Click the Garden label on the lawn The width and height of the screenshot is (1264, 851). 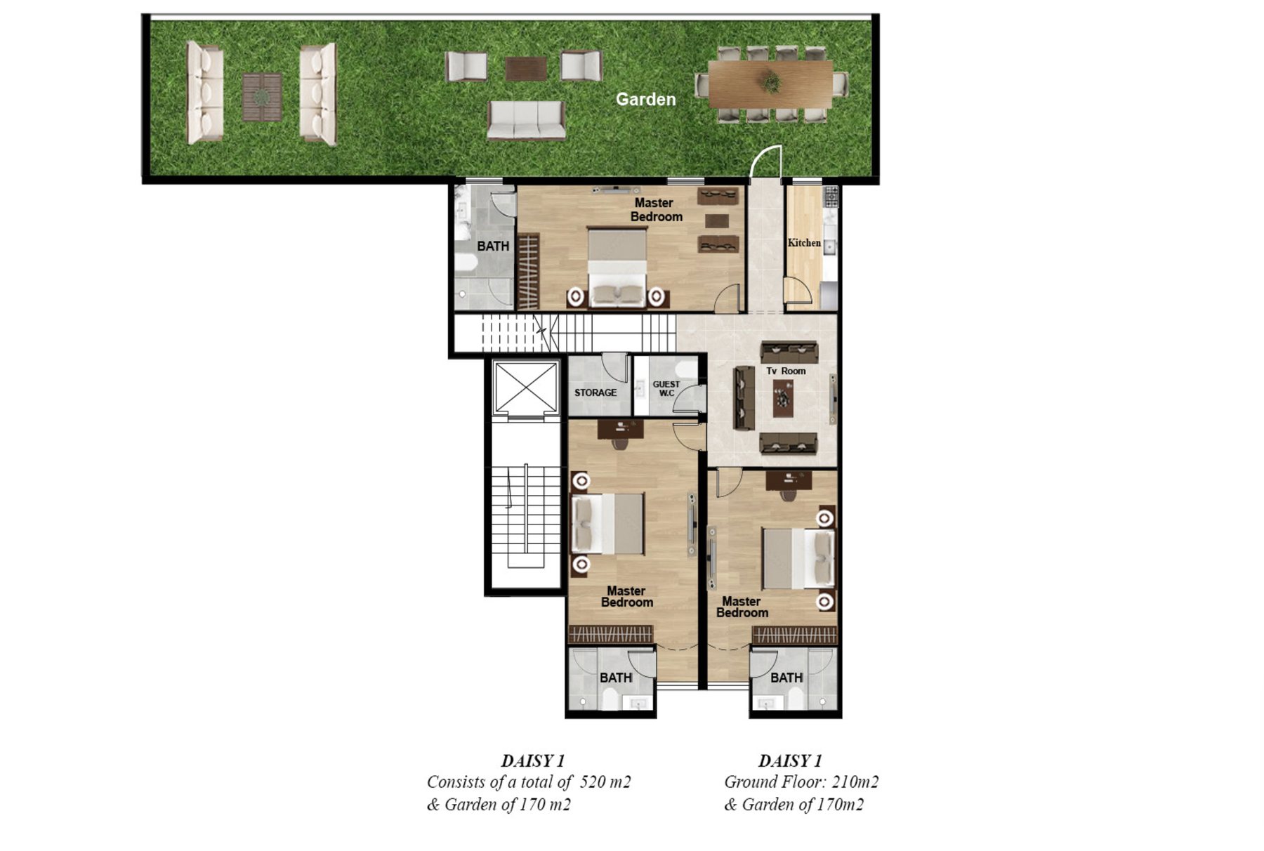[645, 99]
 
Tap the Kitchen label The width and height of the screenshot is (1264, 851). [804, 242]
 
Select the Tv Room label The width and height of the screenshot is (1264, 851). [786, 371]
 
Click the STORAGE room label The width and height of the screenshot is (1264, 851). [595, 392]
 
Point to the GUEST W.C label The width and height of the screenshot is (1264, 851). [666, 388]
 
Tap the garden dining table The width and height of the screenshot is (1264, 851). [771, 84]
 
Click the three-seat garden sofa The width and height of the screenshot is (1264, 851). [526, 120]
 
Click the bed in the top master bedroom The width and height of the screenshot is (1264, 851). [617, 268]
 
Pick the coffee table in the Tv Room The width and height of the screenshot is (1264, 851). [784, 398]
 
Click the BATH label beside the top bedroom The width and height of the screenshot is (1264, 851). [493, 246]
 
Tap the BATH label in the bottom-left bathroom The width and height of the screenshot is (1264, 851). [616, 678]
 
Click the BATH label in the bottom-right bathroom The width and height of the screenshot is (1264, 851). [786, 678]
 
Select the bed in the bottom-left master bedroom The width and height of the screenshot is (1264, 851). [608, 524]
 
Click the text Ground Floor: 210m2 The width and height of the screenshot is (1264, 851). [801, 782]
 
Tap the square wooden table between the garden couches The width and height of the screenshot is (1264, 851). [262, 96]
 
